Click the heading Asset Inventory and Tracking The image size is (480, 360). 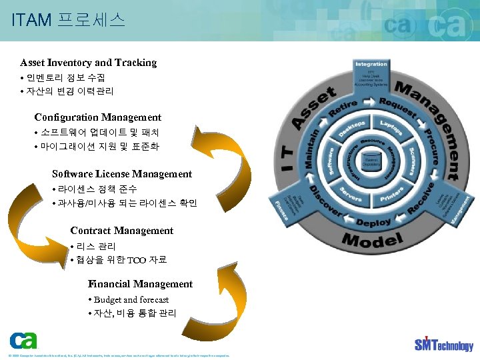point(88,63)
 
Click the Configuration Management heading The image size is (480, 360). point(98,117)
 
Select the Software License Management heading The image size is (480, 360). point(122,174)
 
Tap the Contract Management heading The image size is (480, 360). point(121,231)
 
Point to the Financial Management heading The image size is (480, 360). point(140,284)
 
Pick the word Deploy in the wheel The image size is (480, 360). point(373,221)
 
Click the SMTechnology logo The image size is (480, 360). point(443,344)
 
